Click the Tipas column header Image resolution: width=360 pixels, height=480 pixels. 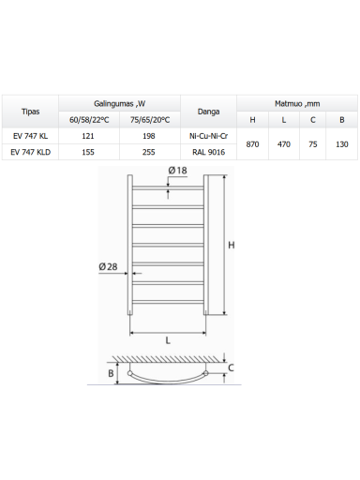(30, 112)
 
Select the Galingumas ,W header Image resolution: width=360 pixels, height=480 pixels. (120, 104)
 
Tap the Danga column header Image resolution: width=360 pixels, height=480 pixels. (208, 112)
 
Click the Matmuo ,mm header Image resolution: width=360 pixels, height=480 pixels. (297, 104)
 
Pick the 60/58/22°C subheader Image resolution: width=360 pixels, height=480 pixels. (89, 120)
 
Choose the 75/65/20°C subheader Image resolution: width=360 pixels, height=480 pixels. (150, 120)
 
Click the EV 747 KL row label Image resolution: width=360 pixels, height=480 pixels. (30, 136)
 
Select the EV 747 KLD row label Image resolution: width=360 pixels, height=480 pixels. (30, 152)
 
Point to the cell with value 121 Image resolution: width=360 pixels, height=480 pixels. (88, 136)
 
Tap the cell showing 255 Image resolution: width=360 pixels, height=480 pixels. (149, 152)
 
